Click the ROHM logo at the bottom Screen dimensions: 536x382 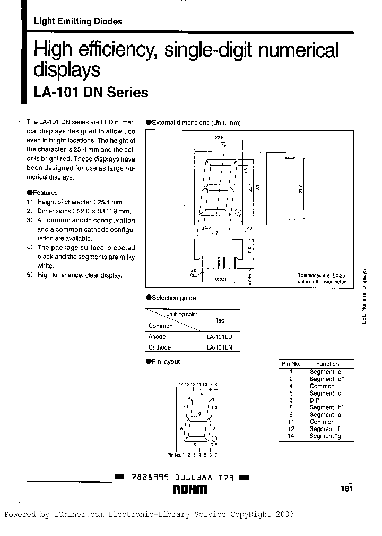pyautogui.click(x=190, y=490)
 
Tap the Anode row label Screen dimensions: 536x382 pyautogui.click(x=157, y=337)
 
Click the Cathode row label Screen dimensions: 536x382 pyautogui.click(x=159, y=347)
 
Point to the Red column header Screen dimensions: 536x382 pyautogui.click(x=219, y=320)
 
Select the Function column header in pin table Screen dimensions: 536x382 pyautogui.click(x=327, y=364)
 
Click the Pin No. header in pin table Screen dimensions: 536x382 pyautogui.click(x=291, y=364)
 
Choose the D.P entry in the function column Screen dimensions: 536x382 pyautogui.click(x=315, y=400)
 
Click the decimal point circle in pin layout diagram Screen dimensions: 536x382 pyautogui.click(x=214, y=439)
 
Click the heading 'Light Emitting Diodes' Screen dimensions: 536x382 pyautogui.click(x=78, y=22)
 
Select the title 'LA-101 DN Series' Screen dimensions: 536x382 pyautogui.click(x=91, y=93)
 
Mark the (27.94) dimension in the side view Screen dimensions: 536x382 pyautogui.click(x=301, y=186)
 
